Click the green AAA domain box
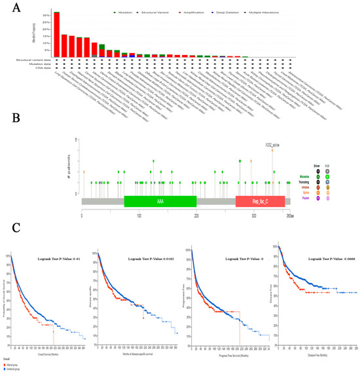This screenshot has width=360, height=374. pos(160,202)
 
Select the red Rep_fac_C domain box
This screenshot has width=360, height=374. pos(260,202)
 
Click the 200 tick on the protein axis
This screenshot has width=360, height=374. pos(196,214)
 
